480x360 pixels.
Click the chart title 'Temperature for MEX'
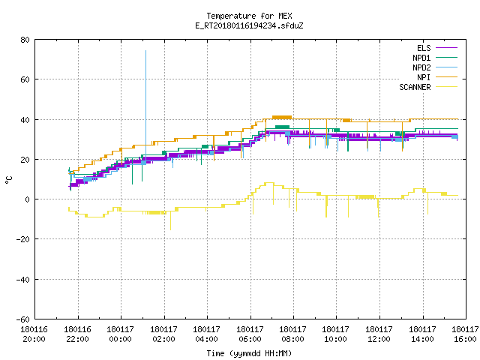coord(249,16)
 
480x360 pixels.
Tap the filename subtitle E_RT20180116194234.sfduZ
coord(249,25)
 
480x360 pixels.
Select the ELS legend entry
coord(437,48)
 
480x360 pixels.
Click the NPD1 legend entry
coord(435,58)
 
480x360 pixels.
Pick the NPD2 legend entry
coord(435,67)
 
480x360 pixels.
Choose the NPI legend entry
coord(437,77)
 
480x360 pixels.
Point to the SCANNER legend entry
coord(428,87)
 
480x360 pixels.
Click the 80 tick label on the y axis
coord(25,40)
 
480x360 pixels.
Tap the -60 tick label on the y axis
coord(22,319)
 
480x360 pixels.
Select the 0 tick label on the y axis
coord(28,199)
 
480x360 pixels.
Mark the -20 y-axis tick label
coord(22,239)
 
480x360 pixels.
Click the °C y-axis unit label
coord(8,180)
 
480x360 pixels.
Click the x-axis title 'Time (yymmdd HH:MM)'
coord(249,353)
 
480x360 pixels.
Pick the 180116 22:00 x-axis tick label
coord(77,334)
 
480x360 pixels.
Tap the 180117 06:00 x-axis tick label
coord(250,334)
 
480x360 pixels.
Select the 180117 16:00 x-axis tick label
coord(465,334)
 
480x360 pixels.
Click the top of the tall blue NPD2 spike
coord(145,50)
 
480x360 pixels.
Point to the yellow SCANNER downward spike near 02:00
coord(170,221)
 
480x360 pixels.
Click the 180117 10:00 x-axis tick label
coord(336,334)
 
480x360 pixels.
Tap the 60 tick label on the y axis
coord(25,79)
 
